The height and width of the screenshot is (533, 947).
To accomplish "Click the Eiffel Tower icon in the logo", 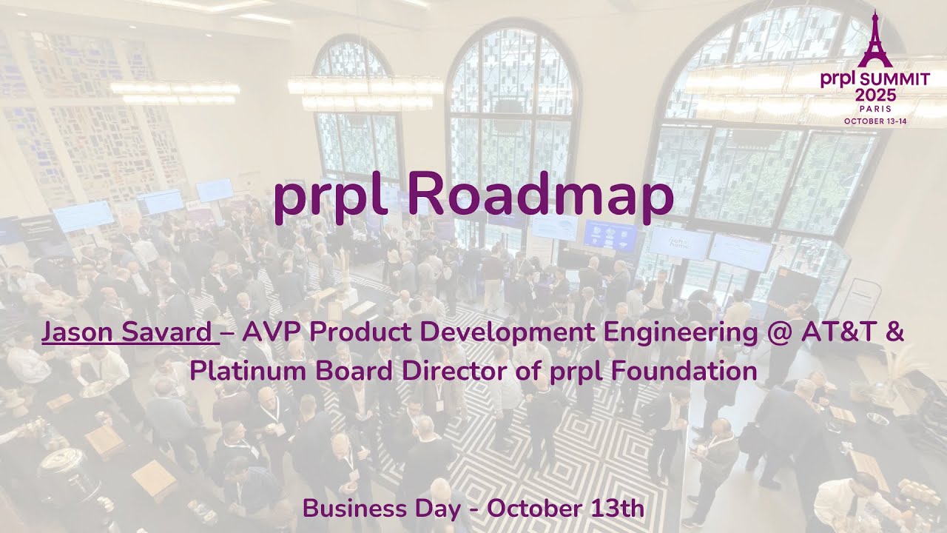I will (874, 37).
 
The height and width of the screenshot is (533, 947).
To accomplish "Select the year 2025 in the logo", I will (875, 95).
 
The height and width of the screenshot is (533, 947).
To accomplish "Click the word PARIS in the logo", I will (875, 108).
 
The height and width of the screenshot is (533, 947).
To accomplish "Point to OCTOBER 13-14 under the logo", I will (875, 120).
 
